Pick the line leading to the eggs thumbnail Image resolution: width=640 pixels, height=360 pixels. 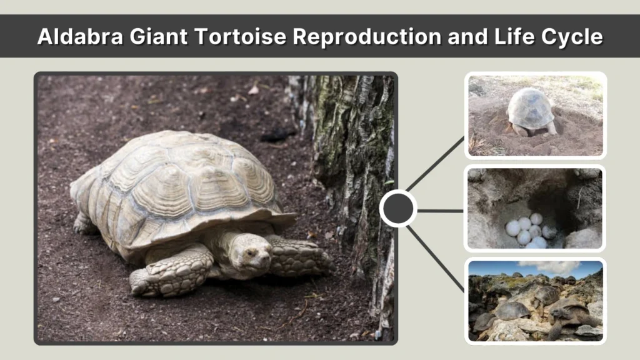(441, 211)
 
